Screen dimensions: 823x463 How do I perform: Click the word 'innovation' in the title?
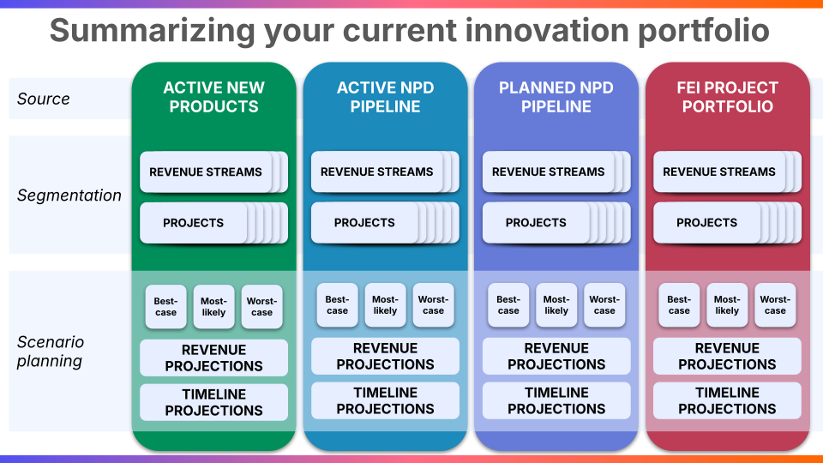click(x=546, y=31)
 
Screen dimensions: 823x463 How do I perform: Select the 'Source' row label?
click(x=43, y=99)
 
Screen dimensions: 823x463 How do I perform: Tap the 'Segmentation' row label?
click(x=69, y=195)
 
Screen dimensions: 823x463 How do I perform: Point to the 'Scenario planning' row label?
click(x=51, y=352)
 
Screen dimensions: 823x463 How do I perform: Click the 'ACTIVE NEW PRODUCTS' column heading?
click(x=213, y=97)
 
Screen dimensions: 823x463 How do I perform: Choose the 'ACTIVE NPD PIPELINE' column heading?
click(x=385, y=97)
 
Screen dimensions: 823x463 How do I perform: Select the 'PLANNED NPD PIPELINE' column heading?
click(x=556, y=97)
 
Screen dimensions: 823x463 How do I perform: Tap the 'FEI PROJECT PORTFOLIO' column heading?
click(x=728, y=97)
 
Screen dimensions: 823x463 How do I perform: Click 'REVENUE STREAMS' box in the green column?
click(x=206, y=171)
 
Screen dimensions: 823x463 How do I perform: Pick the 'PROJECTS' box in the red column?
click(x=706, y=223)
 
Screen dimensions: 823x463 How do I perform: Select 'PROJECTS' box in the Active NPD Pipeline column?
click(x=364, y=223)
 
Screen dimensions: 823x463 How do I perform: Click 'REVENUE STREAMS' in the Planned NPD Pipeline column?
click(x=548, y=171)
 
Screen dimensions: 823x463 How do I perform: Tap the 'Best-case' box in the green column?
click(x=165, y=307)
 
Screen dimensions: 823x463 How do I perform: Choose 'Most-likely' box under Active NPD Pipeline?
click(x=385, y=305)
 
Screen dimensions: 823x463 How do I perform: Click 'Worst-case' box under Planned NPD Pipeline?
click(x=604, y=305)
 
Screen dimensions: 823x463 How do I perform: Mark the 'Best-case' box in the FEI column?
click(x=679, y=305)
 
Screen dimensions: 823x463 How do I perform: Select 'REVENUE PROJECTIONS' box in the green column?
click(x=213, y=358)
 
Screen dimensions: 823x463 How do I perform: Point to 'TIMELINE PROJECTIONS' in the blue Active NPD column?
click(x=385, y=400)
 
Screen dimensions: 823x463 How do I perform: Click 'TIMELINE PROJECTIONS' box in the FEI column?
click(x=728, y=400)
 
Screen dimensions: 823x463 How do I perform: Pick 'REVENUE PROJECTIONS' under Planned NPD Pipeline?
click(x=556, y=356)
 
